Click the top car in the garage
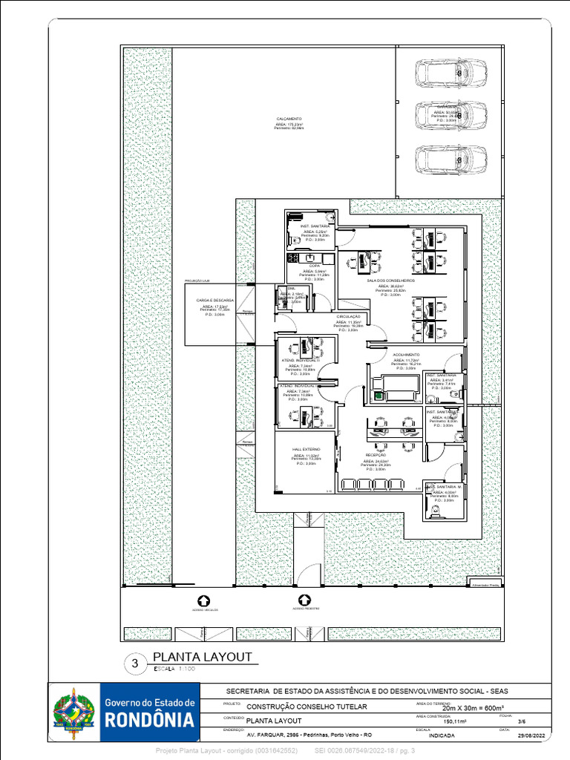451,73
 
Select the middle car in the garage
451,115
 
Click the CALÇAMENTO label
289,119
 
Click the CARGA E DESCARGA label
215,301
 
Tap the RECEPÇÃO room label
376,455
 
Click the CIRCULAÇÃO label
348,316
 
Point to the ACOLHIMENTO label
406,355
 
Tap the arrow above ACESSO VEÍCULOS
204,600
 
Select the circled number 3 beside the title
135,664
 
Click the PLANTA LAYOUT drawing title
202,658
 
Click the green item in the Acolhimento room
377,397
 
